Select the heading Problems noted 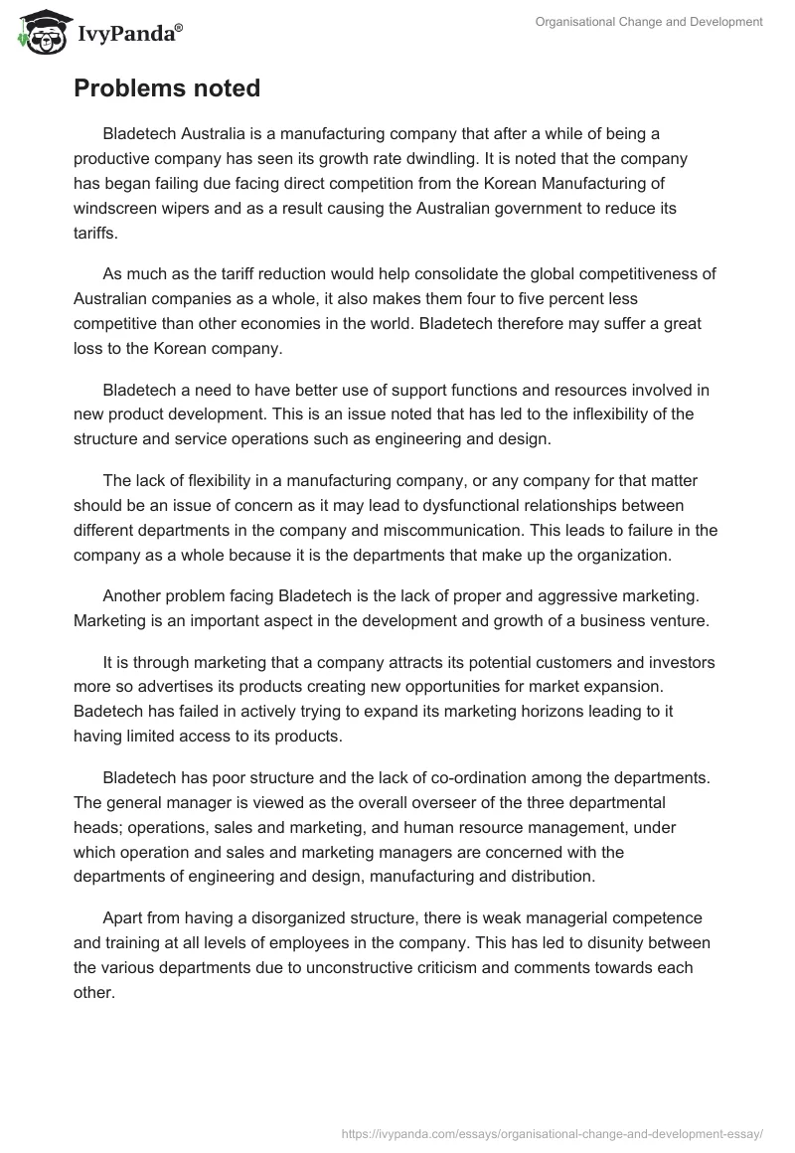coord(167,88)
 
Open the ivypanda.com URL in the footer coord(552,1131)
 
